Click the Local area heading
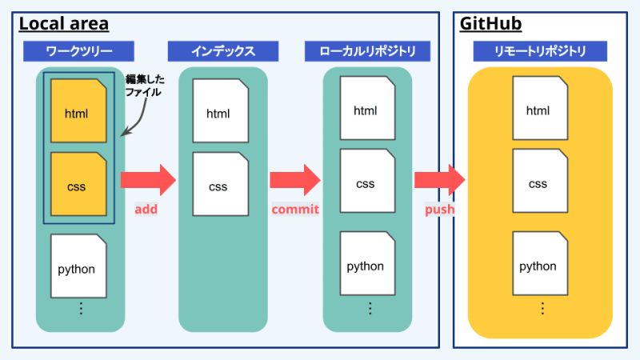(x=63, y=24)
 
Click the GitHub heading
(x=490, y=24)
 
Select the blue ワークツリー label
(x=78, y=52)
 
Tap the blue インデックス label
(x=223, y=52)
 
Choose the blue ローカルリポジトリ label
(x=367, y=52)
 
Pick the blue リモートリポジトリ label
(x=540, y=52)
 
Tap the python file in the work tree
(x=78, y=266)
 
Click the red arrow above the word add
(x=147, y=180)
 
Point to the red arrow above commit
(x=294, y=180)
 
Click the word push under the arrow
(x=439, y=210)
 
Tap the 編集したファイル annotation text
(x=143, y=86)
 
